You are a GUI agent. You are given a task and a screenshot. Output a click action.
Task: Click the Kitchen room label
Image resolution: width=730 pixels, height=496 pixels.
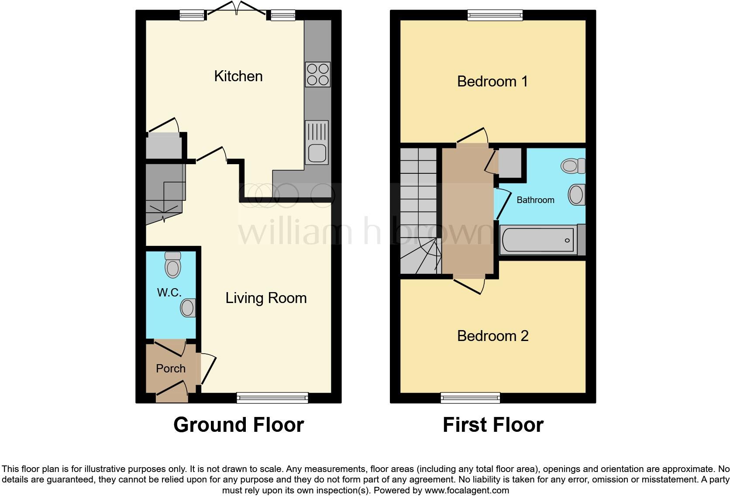click(238, 76)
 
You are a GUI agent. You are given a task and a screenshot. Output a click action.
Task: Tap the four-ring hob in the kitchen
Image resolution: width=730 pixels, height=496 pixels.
click(318, 75)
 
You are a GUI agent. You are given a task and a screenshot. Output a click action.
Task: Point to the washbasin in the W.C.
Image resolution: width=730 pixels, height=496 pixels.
click(188, 307)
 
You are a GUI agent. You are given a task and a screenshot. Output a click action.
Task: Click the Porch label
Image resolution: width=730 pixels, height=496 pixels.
click(171, 369)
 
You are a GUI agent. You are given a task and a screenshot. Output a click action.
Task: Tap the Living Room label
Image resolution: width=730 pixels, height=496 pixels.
click(266, 298)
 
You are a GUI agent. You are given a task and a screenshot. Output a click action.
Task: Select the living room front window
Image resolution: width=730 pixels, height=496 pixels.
click(272, 397)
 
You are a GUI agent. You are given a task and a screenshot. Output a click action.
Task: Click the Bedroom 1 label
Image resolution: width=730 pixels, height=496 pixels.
click(492, 81)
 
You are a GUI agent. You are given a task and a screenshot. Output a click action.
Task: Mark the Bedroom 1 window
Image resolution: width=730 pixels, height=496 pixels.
click(495, 15)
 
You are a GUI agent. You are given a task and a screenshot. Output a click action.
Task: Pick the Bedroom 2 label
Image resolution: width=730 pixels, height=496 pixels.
click(492, 336)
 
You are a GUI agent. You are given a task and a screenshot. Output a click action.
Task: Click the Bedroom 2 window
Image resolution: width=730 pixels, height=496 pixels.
click(470, 397)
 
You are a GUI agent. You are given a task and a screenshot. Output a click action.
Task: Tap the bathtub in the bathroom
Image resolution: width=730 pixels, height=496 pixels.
click(537, 240)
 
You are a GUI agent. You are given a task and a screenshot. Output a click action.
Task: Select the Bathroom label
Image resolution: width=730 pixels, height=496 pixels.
click(535, 200)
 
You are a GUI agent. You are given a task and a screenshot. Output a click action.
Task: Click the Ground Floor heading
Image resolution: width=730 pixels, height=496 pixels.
click(238, 425)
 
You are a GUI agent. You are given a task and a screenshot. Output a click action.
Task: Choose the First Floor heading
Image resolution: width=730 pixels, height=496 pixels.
click(493, 425)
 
